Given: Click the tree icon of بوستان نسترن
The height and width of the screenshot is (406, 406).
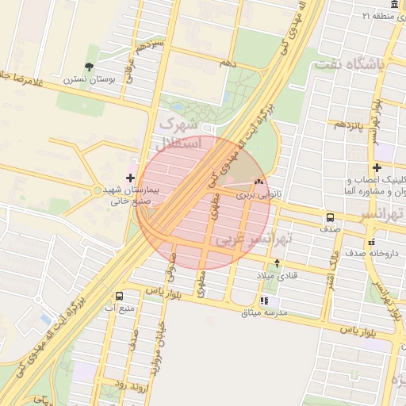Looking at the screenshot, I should (88, 67).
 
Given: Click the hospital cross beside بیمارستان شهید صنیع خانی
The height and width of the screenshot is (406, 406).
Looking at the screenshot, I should (131, 177).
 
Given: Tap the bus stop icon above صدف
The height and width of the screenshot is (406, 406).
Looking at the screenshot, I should (329, 216).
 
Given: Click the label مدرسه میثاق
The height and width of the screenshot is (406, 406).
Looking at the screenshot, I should (269, 313).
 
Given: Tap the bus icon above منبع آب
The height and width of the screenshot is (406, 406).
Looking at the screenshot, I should (119, 295).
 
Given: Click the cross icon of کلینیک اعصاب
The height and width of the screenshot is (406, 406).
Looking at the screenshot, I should (377, 167).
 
